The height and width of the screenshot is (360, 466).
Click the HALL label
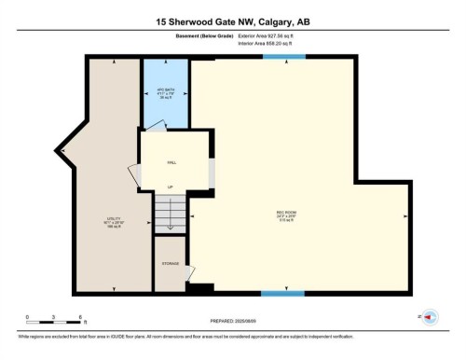coord(171,161)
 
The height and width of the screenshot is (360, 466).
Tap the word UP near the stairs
coord(171,187)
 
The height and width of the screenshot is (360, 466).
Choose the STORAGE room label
coord(171,264)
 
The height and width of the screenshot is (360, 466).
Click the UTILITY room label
coord(115,222)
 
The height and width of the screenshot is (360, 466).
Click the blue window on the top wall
coord(282,58)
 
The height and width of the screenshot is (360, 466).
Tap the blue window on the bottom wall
coord(282,293)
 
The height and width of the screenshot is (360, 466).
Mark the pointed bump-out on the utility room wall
coord(62,148)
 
